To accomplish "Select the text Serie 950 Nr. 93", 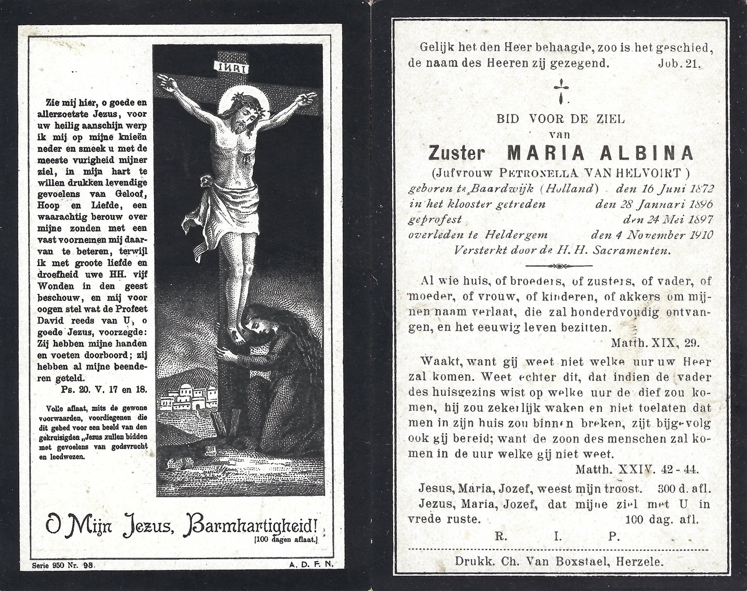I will point(64,564).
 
